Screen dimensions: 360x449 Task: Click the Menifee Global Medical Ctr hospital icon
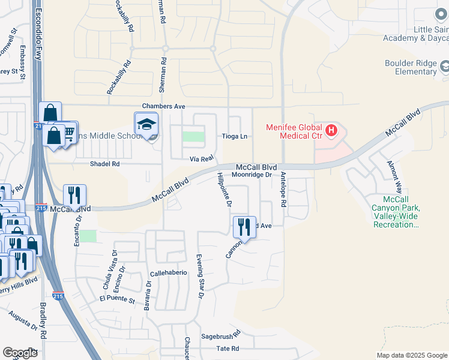[x=330, y=130]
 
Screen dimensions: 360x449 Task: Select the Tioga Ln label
[x=235, y=136]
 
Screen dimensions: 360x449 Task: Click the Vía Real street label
[x=202, y=158]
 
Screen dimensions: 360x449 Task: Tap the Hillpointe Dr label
[x=223, y=189]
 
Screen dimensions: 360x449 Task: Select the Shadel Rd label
[x=105, y=163]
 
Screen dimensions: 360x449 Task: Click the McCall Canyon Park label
[x=395, y=212]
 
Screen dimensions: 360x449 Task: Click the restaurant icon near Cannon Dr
[x=244, y=226]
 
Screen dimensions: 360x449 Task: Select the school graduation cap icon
[x=146, y=124]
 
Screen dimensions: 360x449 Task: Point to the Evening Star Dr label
[x=200, y=277]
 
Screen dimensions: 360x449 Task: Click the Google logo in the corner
[x=20, y=353]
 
